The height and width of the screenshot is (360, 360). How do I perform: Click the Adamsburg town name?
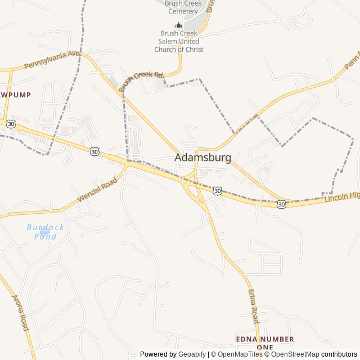tap(202, 157)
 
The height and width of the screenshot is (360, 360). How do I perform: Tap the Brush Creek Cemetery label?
tap(182, 7)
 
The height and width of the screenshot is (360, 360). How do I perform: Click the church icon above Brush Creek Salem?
tap(179, 25)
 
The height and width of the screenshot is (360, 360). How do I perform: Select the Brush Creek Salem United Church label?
tap(179, 41)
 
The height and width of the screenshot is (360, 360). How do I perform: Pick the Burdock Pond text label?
tap(45, 232)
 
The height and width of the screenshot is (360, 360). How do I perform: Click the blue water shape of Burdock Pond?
tap(44, 231)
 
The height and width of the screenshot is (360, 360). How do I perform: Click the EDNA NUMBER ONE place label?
tap(264, 343)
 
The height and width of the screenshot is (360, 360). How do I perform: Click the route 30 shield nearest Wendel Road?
tap(94, 151)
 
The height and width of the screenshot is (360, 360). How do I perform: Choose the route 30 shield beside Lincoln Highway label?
tap(281, 205)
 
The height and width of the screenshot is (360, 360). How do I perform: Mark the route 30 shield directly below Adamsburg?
tap(217, 191)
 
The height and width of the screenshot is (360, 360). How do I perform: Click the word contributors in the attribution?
tap(339, 354)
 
